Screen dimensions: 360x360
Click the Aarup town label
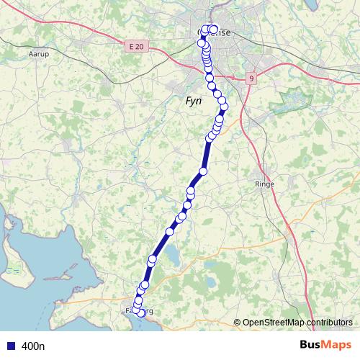click(x=37, y=54)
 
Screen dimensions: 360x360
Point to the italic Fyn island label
click(x=194, y=102)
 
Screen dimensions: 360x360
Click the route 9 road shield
click(x=251, y=78)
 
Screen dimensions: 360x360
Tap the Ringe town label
click(x=266, y=184)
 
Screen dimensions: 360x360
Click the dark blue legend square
click(x=11, y=346)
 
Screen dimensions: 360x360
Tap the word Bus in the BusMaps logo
click(x=312, y=346)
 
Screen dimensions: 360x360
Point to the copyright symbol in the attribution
click(x=238, y=322)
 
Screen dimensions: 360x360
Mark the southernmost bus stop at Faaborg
click(x=141, y=312)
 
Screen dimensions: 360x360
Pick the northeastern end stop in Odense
click(x=214, y=30)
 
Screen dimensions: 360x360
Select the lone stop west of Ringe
click(x=203, y=171)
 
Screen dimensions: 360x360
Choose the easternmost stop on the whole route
click(x=225, y=107)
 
